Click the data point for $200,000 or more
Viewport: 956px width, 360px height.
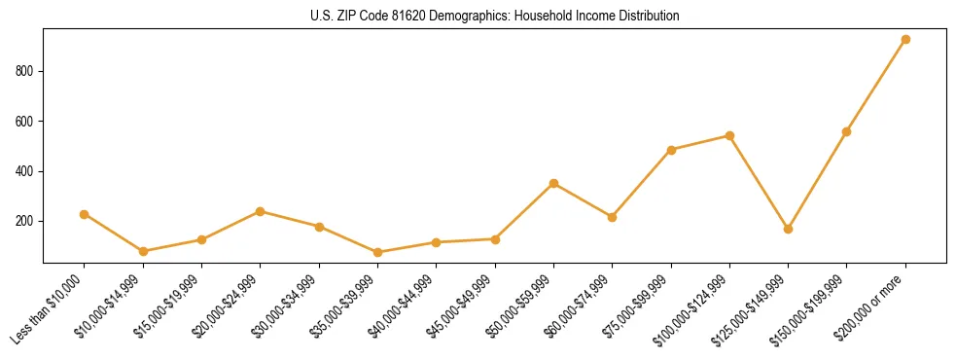[905, 40]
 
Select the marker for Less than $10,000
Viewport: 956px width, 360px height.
[85, 214]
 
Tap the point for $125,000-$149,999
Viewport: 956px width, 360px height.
[788, 229]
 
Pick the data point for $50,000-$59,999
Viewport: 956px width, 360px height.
[553, 183]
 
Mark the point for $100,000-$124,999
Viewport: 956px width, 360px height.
[729, 135]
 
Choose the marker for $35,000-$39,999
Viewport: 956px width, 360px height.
[377, 252]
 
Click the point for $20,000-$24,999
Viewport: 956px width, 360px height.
[260, 211]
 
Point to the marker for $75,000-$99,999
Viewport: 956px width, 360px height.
[671, 150]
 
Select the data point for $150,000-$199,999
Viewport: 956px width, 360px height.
[846, 131]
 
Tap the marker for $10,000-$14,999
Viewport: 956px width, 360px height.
[143, 251]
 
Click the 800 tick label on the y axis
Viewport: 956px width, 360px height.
[25, 71]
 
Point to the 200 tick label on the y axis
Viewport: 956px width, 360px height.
[25, 221]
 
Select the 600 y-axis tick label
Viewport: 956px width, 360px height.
[25, 122]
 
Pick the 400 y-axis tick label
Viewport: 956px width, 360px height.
[25, 171]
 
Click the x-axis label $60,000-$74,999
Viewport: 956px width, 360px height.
[581, 305]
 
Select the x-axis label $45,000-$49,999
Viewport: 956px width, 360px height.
[463, 305]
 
